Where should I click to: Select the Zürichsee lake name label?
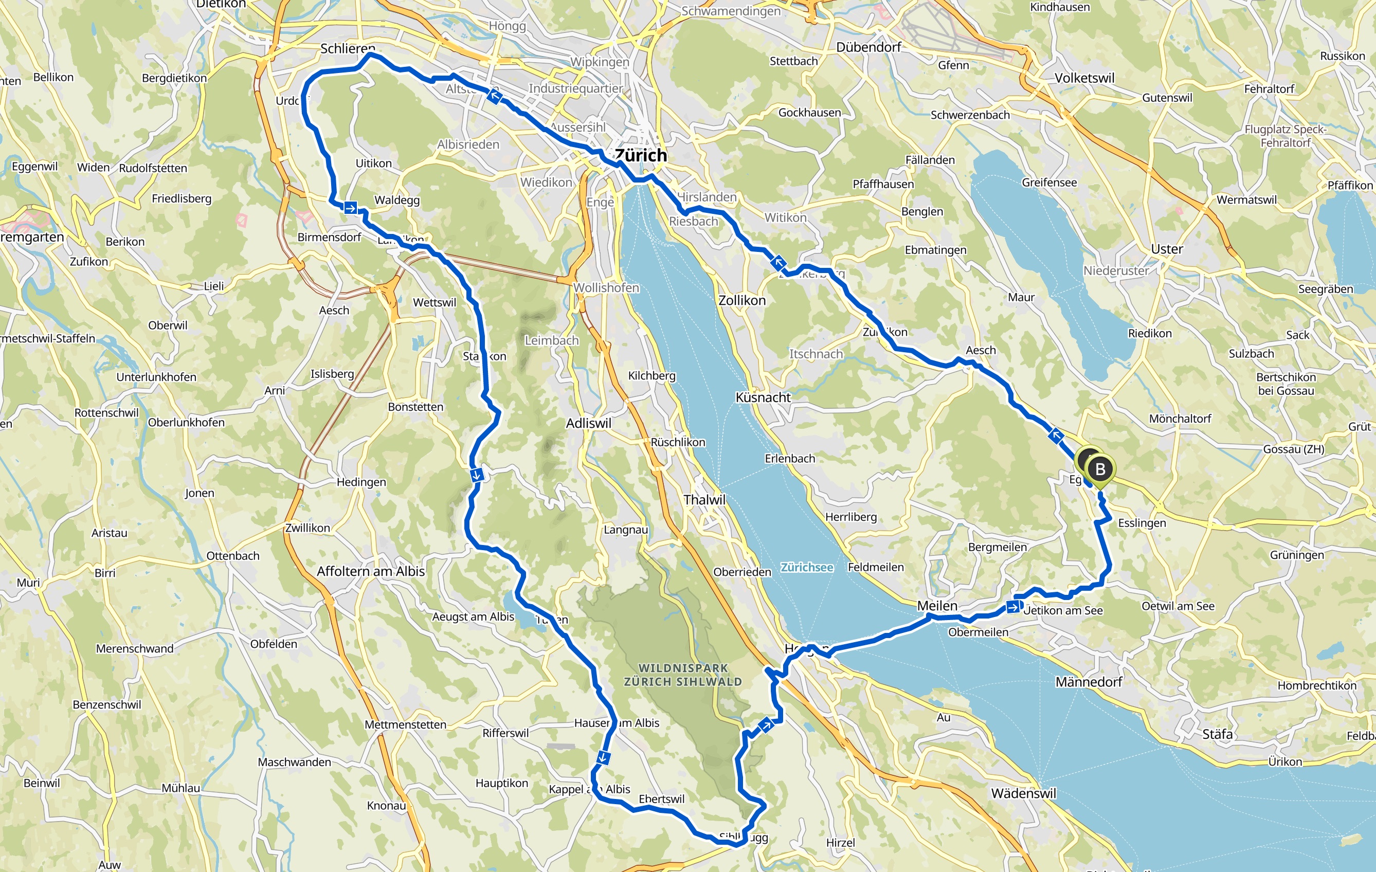(x=807, y=567)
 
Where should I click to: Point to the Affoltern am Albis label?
(x=370, y=571)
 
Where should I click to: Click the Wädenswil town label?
(x=1023, y=793)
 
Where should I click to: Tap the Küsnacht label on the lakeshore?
(x=763, y=397)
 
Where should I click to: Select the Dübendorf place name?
(x=868, y=47)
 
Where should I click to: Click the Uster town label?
(x=1167, y=249)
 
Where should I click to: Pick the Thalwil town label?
(x=704, y=499)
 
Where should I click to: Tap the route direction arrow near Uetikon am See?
(x=1012, y=607)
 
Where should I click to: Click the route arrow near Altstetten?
(x=494, y=97)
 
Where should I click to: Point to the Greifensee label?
(x=1049, y=183)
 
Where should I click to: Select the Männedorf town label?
(x=1089, y=682)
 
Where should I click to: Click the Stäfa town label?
(x=1217, y=734)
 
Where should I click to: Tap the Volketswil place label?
(x=1084, y=78)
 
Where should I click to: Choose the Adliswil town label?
(x=588, y=424)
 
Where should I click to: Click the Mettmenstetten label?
(x=405, y=724)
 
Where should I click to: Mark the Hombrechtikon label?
(x=1316, y=685)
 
